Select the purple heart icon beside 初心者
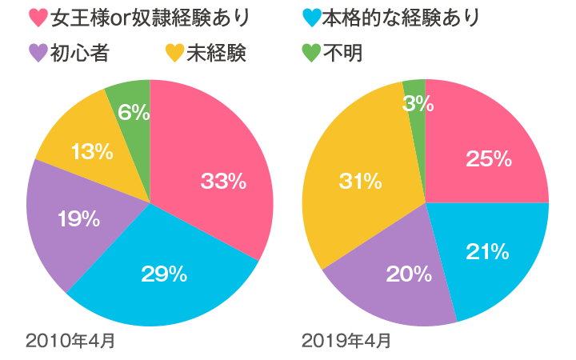[37, 54]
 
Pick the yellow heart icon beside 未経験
[174, 54]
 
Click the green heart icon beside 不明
[311, 54]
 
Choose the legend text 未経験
[216, 54]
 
